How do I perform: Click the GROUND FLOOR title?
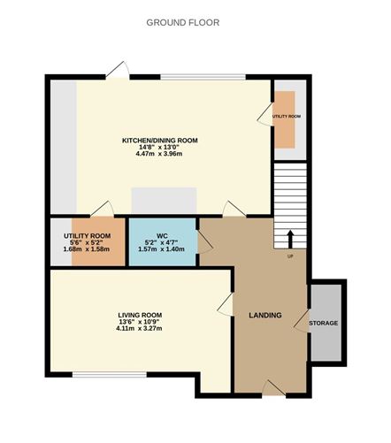coord(183,22)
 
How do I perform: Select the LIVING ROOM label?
coord(140,315)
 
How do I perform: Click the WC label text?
coord(162,235)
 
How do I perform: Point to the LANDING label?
coord(265,315)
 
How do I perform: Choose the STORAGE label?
coord(323,323)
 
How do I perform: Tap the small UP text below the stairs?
coord(289,257)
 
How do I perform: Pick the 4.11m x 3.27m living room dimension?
coord(140,329)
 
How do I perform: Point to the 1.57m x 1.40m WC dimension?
coord(162,249)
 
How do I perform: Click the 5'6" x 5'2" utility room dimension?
coord(85,241)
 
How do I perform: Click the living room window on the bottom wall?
coord(96,375)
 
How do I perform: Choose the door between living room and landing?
coord(225,307)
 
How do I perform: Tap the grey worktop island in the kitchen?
coord(164,199)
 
